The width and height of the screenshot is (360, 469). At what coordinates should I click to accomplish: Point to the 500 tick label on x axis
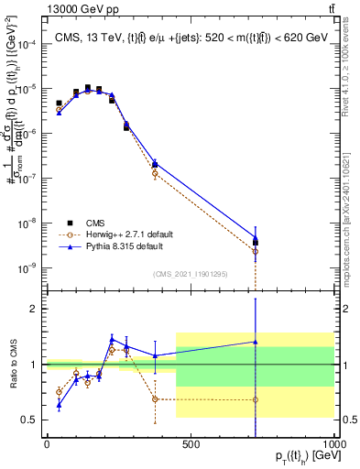coord(191,445)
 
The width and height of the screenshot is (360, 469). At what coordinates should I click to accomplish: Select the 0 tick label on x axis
coord(46,445)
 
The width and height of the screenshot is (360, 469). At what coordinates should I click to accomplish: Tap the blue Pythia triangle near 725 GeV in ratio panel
coord(256,342)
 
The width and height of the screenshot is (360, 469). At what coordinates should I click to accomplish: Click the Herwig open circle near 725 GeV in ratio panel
coord(256,399)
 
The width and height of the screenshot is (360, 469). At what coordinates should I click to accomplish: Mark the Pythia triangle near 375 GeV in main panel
coord(155,163)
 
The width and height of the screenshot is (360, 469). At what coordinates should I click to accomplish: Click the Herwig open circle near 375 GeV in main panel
coord(155,172)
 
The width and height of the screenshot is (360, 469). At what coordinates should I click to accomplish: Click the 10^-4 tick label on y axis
coord(27,44)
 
